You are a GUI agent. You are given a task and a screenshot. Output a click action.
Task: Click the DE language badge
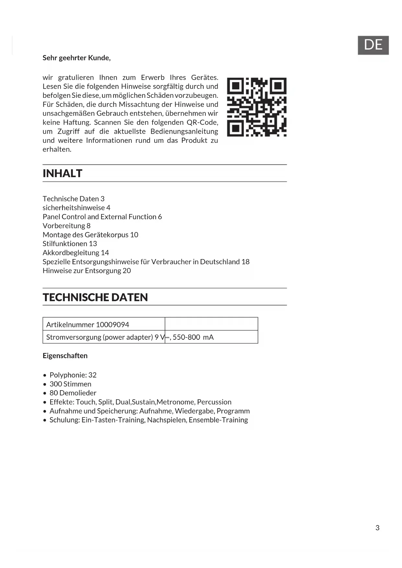pyautogui.click(x=373, y=45)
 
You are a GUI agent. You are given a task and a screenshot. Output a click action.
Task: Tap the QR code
pyautogui.click(x=257, y=107)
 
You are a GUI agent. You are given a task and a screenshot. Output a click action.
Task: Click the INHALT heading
pyautogui.click(x=63, y=174)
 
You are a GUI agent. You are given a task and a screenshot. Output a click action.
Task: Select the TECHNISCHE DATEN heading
pyautogui.click(x=95, y=297)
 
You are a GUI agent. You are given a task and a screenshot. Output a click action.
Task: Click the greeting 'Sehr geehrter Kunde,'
pyautogui.click(x=76, y=58)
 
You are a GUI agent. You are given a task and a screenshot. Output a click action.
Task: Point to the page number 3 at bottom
pyautogui.click(x=377, y=528)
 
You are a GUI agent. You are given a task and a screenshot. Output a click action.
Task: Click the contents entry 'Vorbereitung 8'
pyautogui.click(x=66, y=226)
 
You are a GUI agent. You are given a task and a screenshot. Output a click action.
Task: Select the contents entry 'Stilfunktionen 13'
pyautogui.click(x=70, y=244)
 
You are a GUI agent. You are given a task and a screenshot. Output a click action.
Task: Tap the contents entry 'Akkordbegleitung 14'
pyautogui.click(x=75, y=253)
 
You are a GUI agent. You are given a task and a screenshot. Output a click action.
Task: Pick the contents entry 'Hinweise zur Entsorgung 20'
pyautogui.click(x=86, y=271)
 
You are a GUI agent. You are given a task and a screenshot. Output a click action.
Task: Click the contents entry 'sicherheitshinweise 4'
pyautogui.click(x=76, y=208)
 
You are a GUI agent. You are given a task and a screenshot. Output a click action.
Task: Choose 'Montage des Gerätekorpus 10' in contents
pyautogui.click(x=90, y=235)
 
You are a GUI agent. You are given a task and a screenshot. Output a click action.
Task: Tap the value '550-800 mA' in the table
pyautogui.click(x=193, y=337)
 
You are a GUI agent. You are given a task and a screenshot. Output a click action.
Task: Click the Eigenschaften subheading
pyautogui.click(x=65, y=356)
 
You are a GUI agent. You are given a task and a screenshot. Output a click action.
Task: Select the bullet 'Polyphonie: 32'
pyautogui.click(x=73, y=375)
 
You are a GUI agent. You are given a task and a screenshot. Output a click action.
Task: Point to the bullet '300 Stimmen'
pyautogui.click(x=70, y=384)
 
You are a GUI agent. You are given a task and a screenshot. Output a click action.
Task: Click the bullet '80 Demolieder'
pyautogui.click(x=73, y=393)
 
